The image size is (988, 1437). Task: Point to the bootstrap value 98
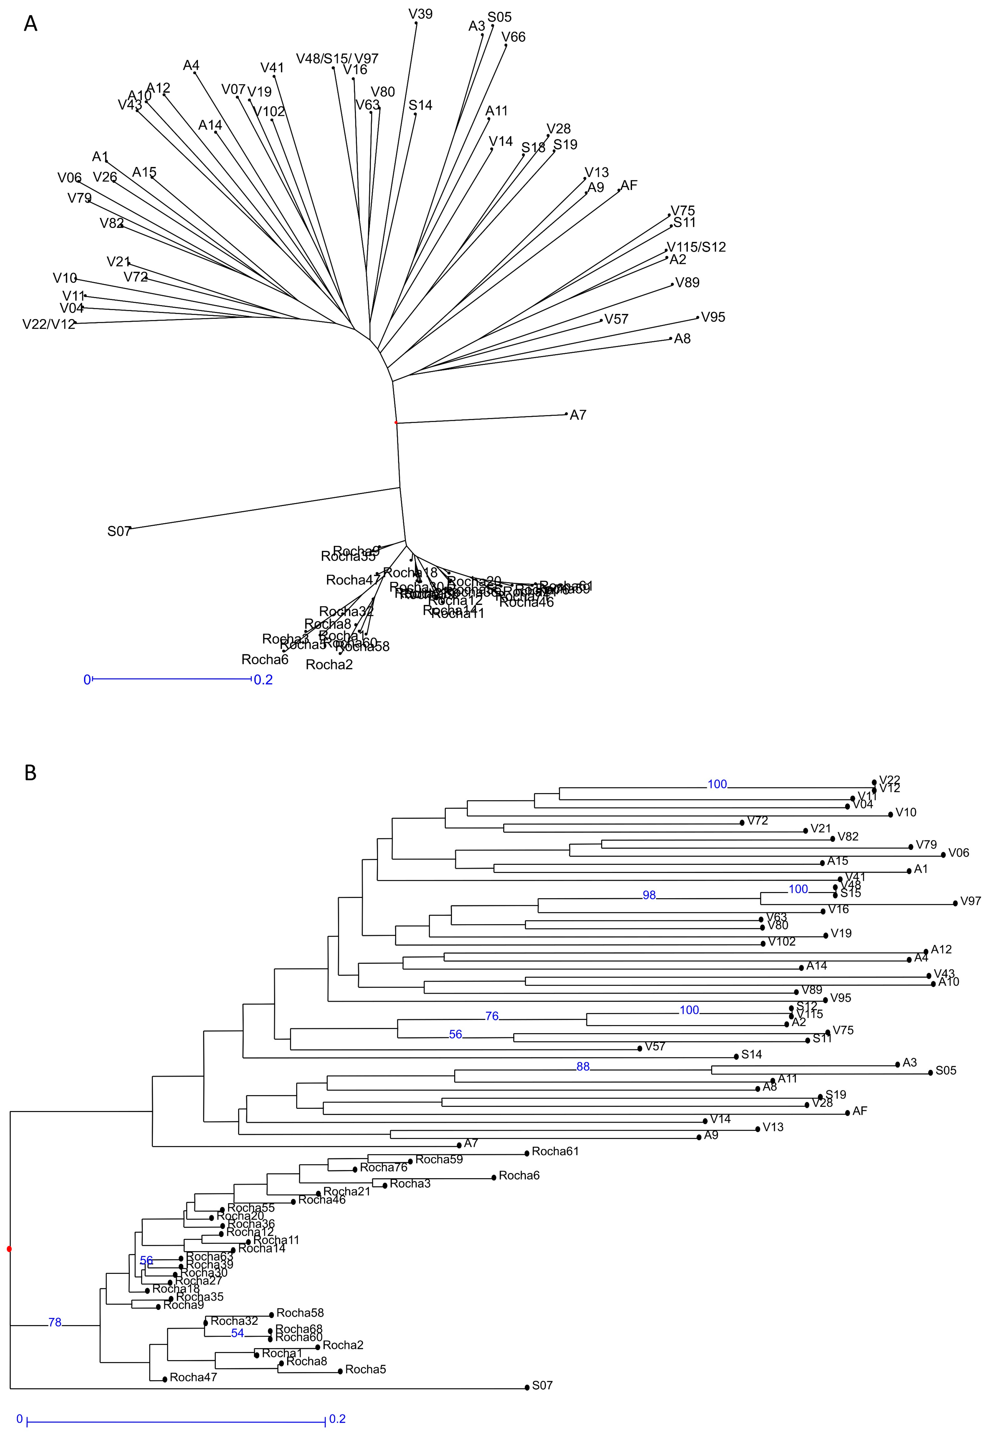point(649,895)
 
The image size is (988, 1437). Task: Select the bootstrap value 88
point(582,1066)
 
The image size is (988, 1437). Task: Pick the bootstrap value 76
point(492,1016)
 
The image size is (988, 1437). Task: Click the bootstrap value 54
point(238,1334)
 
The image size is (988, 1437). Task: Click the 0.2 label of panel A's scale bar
point(263,680)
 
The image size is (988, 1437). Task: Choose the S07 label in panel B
point(542,1386)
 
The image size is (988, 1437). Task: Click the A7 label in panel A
point(578,415)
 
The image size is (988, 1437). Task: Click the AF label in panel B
point(860,1111)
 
